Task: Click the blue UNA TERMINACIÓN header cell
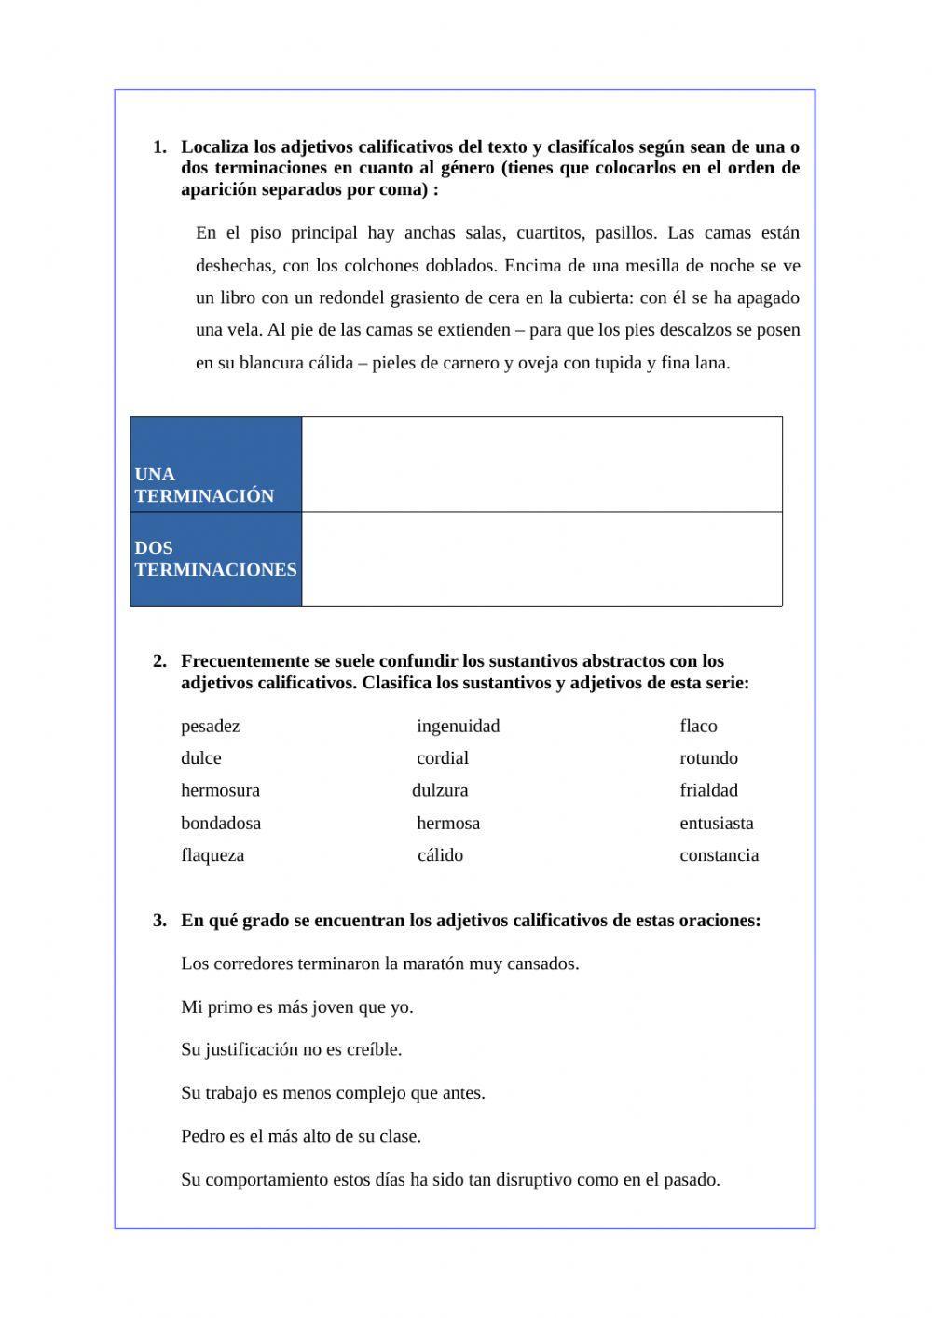pyautogui.click(x=215, y=465)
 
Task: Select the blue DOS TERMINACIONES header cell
pyautogui.click(x=215, y=559)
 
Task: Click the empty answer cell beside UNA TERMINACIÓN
pyautogui.click(x=541, y=465)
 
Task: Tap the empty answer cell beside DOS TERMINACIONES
pyautogui.click(x=541, y=559)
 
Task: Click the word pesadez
pyautogui.click(x=211, y=726)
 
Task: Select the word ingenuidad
pyautogui.click(x=458, y=726)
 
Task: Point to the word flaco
pyautogui.click(x=698, y=726)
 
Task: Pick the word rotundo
pyautogui.click(x=708, y=758)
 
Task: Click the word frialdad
pyautogui.click(x=708, y=790)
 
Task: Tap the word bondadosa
pyautogui.click(x=221, y=823)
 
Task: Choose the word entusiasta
pyautogui.click(x=717, y=823)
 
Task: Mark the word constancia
pyautogui.click(x=719, y=855)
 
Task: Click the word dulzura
pyautogui.click(x=440, y=790)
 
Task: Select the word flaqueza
pyautogui.click(x=212, y=855)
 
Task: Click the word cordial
pyautogui.click(x=443, y=758)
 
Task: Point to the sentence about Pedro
pyautogui.click(x=301, y=1136)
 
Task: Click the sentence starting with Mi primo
pyautogui.click(x=297, y=1007)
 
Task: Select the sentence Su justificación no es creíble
pyautogui.click(x=292, y=1049)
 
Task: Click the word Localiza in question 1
pyautogui.click(x=213, y=147)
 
